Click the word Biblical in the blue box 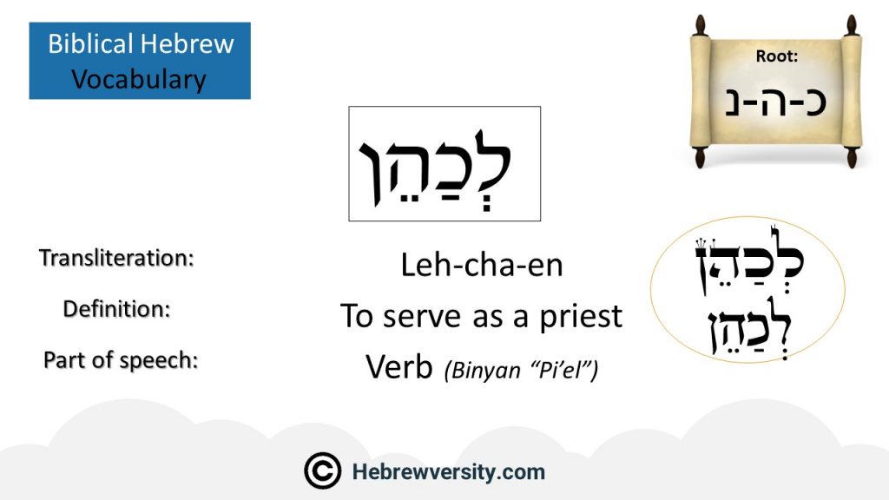click(90, 43)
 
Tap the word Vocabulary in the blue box click(138, 79)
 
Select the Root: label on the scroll click(777, 56)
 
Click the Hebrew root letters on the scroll click(775, 102)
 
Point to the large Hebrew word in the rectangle click(435, 168)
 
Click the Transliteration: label click(117, 258)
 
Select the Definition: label click(117, 309)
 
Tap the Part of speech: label click(121, 360)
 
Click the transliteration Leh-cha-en click(482, 266)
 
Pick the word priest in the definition click(581, 317)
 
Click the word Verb click(399, 367)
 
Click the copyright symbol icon click(323, 470)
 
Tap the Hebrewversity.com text click(449, 471)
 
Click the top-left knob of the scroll click(701, 25)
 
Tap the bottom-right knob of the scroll click(852, 158)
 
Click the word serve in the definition click(422, 316)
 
